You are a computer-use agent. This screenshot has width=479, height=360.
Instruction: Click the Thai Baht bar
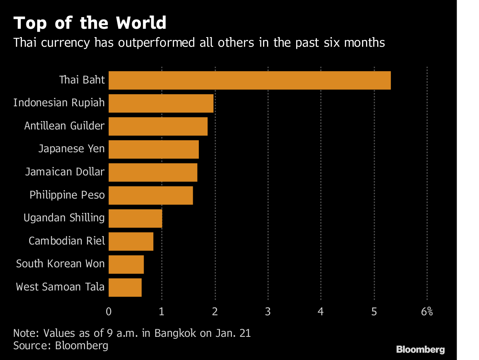coord(249,80)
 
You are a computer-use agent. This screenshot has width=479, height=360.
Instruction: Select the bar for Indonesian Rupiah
coord(161,103)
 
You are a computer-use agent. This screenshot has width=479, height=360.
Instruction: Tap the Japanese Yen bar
coord(154,149)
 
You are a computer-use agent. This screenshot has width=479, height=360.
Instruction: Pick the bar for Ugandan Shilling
coord(135,218)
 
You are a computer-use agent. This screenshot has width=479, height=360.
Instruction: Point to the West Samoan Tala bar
coord(125,287)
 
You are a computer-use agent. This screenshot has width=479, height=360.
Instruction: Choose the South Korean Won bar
coord(126,265)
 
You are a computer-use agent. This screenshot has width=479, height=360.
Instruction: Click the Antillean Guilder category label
coord(64,126)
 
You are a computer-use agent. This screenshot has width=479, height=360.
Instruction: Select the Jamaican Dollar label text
coord(65,172)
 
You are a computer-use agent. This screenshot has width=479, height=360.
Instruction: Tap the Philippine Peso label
coord(67,195)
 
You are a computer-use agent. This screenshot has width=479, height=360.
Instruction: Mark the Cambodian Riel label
coord(67,241)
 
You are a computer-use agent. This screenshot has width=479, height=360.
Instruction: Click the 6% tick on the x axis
coord(427,312)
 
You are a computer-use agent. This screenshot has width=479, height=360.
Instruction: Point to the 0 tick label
coord(109,312)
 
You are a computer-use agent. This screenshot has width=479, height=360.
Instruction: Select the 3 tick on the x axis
coord(268,312)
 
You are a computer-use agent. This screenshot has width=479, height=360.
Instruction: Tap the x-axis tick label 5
coord(374,312)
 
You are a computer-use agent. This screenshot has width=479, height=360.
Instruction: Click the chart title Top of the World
coord(90,23)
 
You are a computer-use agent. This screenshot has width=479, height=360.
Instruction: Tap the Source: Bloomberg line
coord(61,345)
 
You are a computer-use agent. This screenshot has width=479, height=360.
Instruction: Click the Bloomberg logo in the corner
coord(420,350)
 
